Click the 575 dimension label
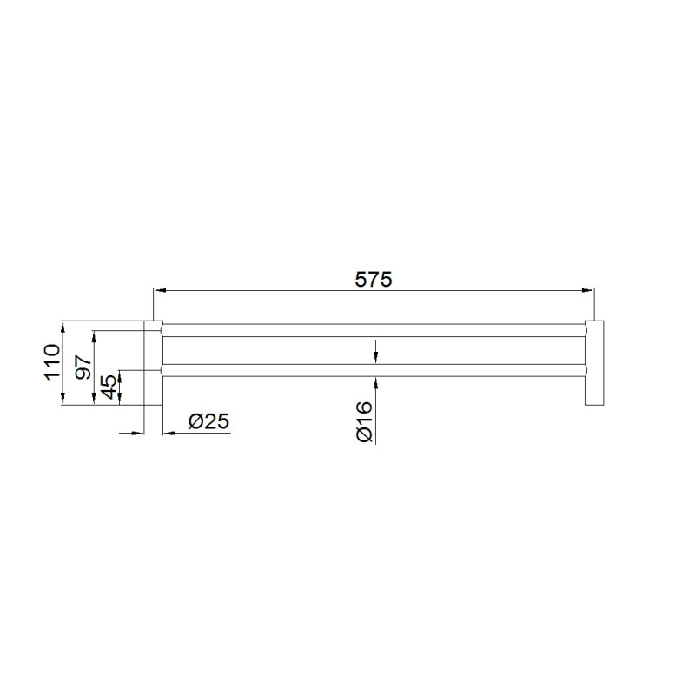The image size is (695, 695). (374, 280)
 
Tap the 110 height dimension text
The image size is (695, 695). (52, 361)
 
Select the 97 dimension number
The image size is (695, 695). (83, 367)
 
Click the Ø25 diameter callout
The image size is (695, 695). (208, 421)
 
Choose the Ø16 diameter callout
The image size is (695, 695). (364, 421)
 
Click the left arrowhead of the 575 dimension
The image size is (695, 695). (160, 290)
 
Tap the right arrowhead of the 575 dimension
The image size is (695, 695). (588, 290)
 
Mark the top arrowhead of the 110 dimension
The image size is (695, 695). (63, 328)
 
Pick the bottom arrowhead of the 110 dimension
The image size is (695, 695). (63, 399)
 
